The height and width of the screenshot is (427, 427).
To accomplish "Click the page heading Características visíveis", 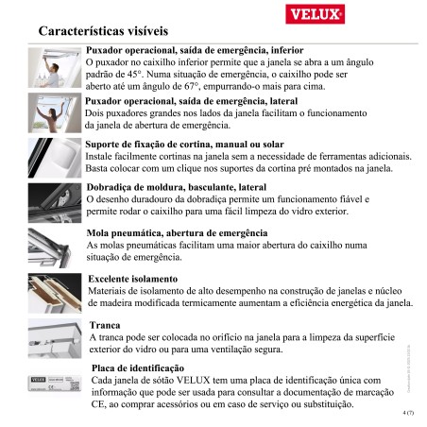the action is click(x=104, y=30).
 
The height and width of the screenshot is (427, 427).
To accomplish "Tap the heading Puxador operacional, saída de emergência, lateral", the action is click(x=192, y=101).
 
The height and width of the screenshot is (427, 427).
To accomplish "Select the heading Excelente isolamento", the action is click(x=132, y=281).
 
